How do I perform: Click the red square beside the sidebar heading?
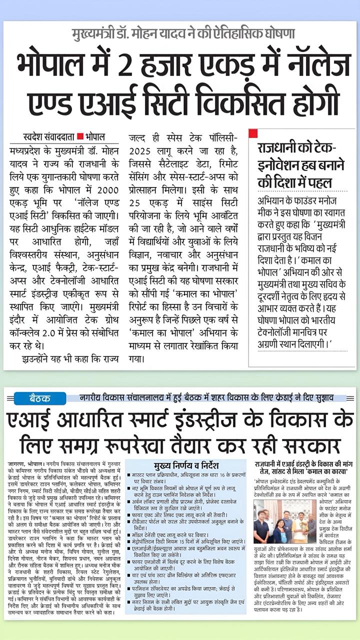[x=253, y=133]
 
